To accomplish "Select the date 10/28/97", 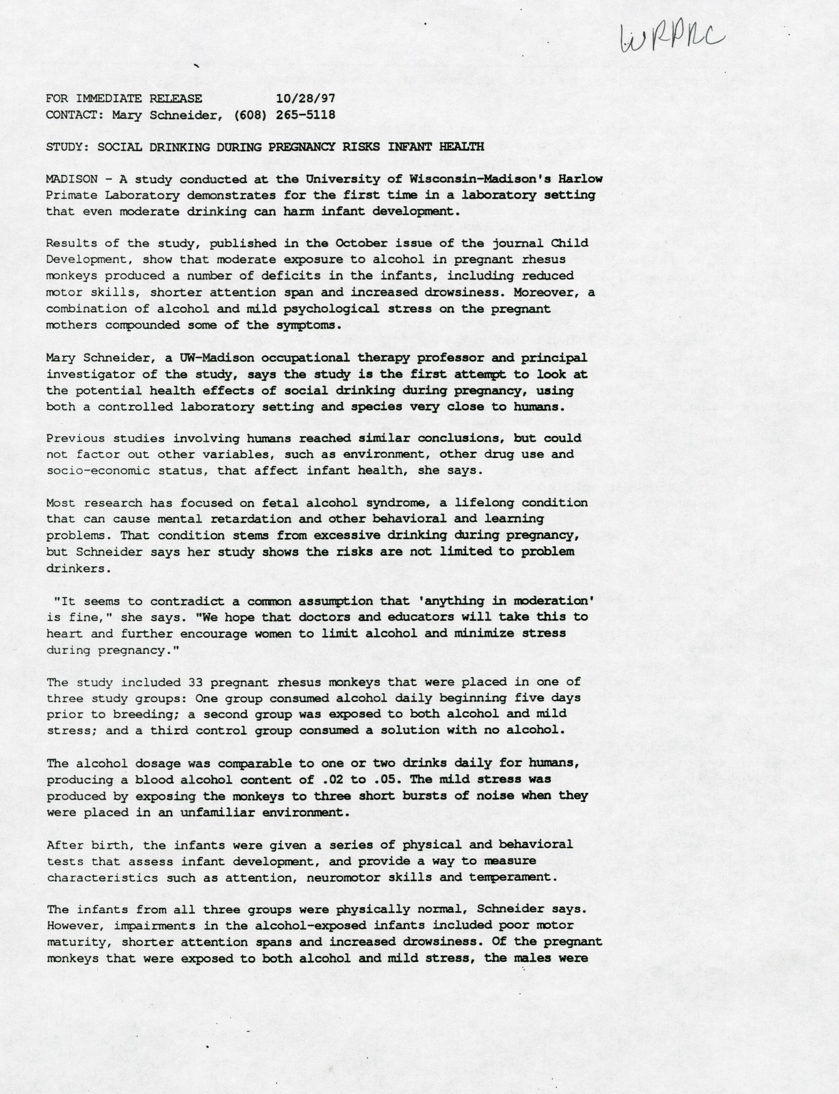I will tap(305, 98).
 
